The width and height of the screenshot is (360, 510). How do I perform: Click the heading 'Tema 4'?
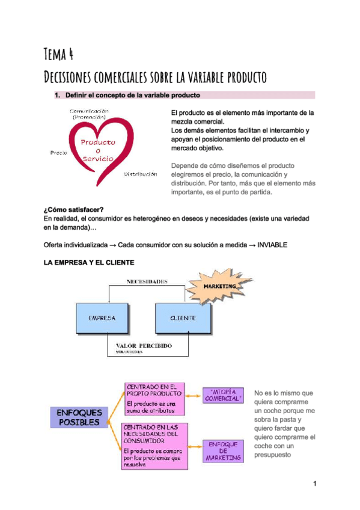coord(59,55)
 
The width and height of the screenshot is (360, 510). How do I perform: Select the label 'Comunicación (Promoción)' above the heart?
coord(90,114)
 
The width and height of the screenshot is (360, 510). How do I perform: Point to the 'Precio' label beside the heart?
coord(58,153)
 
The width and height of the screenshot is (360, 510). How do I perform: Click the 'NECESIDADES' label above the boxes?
coord(147,281)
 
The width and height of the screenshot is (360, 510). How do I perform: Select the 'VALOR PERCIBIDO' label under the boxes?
coord(144,346)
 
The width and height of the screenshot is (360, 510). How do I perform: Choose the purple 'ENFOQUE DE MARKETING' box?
coord(223,450)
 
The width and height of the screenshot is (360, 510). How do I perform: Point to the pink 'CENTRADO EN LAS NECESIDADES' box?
coord(151,446)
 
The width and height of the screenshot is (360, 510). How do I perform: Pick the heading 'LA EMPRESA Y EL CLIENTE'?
coord(89,263)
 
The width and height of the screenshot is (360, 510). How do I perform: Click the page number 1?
coord(314,484)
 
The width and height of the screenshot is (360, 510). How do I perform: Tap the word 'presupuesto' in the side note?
coord(273,455)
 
